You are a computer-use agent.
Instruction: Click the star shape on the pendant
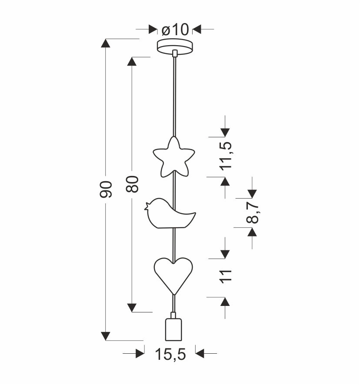(174, 157)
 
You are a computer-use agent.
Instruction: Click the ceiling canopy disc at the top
(175, 46)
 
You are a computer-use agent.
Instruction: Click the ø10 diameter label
(175, 30)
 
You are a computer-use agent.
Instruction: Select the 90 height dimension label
(106, 189)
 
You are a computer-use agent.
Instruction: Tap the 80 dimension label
(132, 184)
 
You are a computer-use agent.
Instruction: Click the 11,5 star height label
(226, 156)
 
